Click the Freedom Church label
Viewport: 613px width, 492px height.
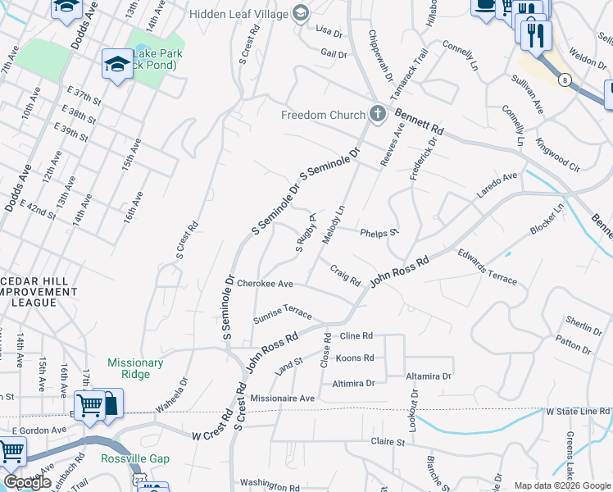click(322, 115)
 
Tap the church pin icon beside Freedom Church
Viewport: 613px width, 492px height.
click(377, 114)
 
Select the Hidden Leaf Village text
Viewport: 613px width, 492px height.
click(238, 14)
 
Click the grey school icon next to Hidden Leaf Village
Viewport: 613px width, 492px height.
click(301, 13)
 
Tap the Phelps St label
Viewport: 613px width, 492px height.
click(379, 232)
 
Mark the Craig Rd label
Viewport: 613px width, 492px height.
click(345, 275)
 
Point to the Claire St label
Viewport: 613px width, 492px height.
click(388, 442)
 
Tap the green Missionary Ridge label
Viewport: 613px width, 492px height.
click(135, 368)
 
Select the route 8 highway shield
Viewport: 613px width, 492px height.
click(565, 80)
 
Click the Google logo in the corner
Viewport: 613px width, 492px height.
click(27, 482)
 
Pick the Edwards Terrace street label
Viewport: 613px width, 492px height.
click(488, 267)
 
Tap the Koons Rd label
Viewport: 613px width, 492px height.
click(355, 358)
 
